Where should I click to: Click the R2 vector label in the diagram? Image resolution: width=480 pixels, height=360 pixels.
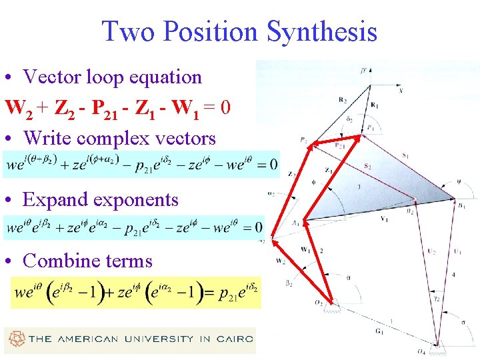[342, 100]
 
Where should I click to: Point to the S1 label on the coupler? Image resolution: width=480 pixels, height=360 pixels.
[406, 155]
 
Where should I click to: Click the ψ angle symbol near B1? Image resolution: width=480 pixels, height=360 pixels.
[457, 178]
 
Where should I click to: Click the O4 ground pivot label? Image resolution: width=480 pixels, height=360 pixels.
[439, 351]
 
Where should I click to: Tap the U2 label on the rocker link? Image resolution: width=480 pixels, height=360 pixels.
[431, 251]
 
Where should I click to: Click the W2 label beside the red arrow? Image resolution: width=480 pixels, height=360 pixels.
[281, 261]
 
